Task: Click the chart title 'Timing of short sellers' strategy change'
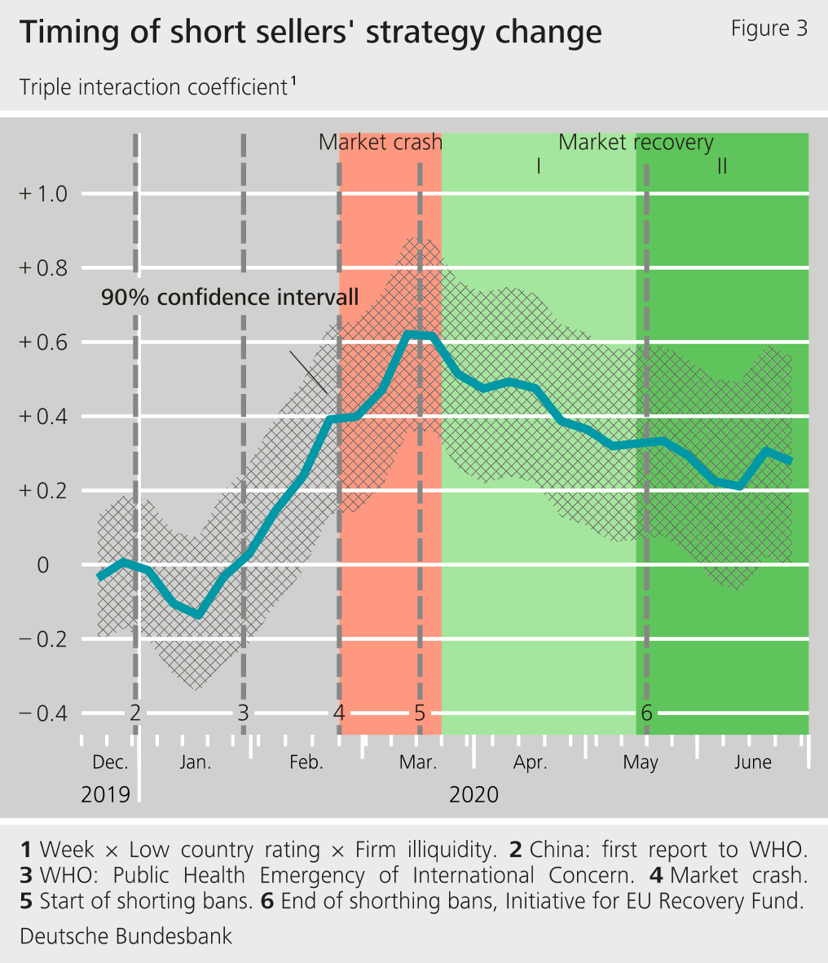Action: coord(310,33)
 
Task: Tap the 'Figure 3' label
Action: coord(769,29)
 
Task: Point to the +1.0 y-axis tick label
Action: coord(44,194)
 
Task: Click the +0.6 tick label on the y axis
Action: coord(44,342)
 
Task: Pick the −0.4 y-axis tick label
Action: coord(44,713)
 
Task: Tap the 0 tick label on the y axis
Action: coord(43,565)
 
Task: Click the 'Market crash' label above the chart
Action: coord(380,143)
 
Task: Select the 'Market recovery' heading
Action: coord(636,143)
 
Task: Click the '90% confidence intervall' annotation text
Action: coord(230,297)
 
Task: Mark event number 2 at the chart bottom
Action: coord(135,713)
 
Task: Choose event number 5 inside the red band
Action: coord(420,713)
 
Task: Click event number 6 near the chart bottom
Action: coord(646,713)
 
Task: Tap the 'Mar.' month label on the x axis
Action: coord(418,763)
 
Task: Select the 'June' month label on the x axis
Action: coord(752,763)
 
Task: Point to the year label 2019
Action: coord(105,794)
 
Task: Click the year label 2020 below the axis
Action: coord(473,794)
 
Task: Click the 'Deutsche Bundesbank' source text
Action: coord(126,936)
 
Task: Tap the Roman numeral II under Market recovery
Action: coord(721,167)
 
